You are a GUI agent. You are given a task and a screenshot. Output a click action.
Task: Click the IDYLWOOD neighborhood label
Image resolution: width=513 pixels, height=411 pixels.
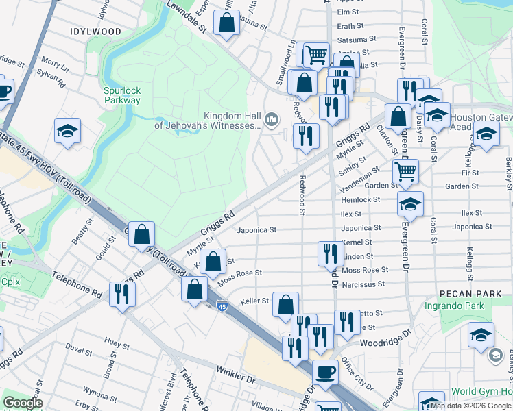coord(95,32)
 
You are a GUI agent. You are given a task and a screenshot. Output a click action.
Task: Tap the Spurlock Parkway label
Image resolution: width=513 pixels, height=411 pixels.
coord(122,95)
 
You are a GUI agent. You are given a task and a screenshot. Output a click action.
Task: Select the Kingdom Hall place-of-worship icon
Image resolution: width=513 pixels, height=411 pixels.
coord(272,121)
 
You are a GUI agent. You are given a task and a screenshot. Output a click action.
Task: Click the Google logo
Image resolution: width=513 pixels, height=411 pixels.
coord(23,403)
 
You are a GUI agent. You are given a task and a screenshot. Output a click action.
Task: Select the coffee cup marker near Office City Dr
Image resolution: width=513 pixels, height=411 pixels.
coord(325,372)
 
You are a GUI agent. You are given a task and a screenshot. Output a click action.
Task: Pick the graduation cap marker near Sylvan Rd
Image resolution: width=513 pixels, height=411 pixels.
coord(67,131)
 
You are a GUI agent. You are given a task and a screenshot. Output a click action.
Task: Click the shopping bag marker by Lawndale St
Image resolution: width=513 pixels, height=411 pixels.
coord(226,23)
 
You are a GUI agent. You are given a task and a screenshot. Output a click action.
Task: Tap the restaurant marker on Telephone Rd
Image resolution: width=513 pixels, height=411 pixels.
coord(123,294)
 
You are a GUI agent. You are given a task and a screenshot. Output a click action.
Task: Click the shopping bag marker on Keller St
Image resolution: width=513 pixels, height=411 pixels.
coord(285,304)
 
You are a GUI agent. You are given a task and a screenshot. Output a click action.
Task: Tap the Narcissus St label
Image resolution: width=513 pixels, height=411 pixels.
coord(374,284)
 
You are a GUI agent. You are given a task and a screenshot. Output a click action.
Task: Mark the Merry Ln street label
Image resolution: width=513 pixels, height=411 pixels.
coord(56,68)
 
